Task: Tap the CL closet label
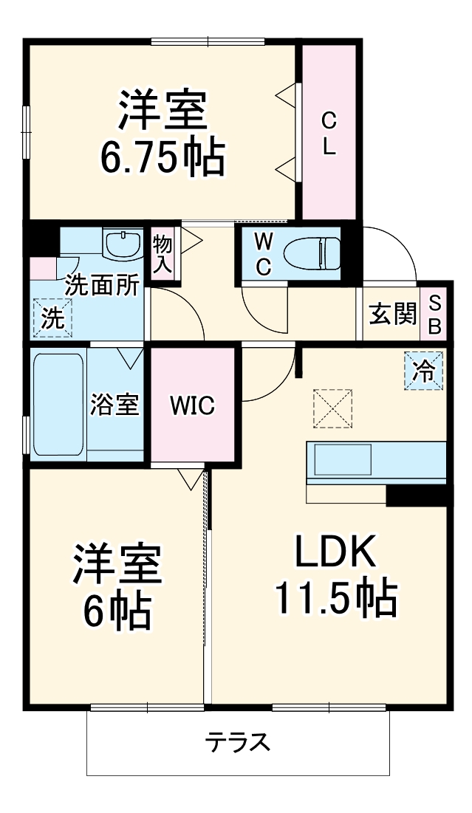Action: tap(329, 133)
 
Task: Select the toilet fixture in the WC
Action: tap(311, 254)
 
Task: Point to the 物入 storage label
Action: tap(163, 255)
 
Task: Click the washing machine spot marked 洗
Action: tap(52, 318)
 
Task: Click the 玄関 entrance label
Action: tap(392, 314)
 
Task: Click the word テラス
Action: tap(237, 741)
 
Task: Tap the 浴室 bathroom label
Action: tap(114, 404)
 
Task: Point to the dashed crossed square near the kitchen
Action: tap(332, 408)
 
